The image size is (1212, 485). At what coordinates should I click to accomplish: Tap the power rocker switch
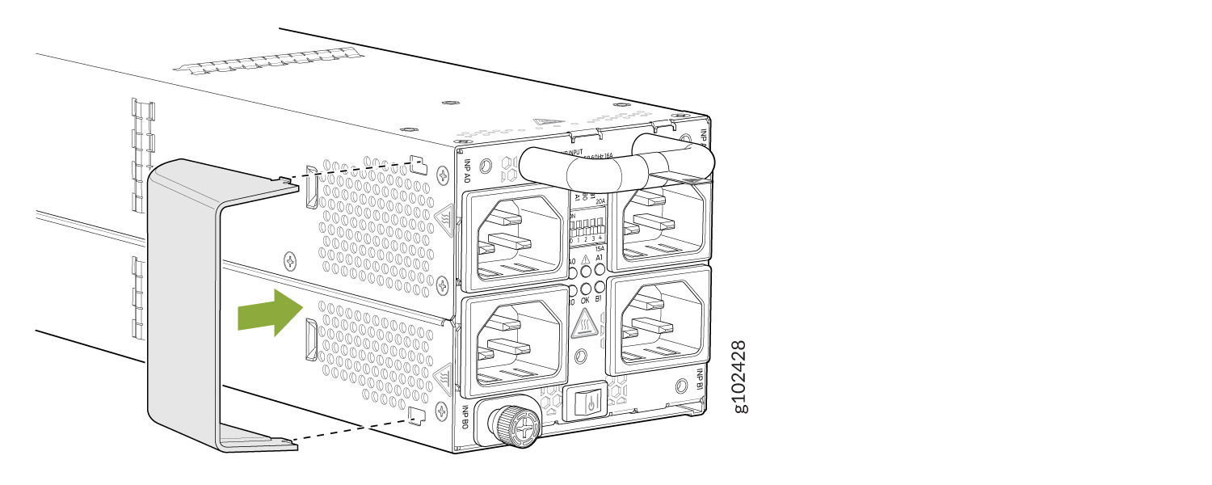tap(591, 402)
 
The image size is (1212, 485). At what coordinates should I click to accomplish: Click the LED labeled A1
tap(600, 270)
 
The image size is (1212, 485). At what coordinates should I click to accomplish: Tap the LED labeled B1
tap(600, 287)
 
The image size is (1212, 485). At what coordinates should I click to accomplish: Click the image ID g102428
tap(738, 376)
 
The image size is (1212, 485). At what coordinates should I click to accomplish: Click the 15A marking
tap(600, 249)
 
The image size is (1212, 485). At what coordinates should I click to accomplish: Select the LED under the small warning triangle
tap(586, 271)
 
